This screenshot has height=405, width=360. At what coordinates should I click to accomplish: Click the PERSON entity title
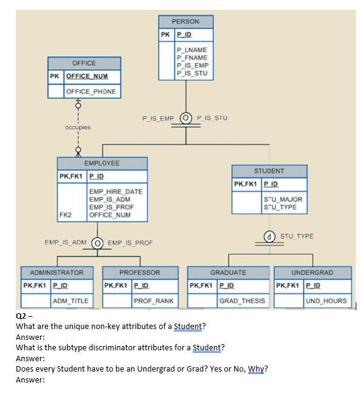click(185, 21)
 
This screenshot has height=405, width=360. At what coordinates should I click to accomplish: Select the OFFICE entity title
click(84, 63)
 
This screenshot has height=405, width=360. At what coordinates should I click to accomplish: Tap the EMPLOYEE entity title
click(102, 164)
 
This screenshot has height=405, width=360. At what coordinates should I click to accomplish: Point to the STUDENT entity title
click(269, 171)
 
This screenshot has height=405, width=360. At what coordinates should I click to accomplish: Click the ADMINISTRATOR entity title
click(53, 272)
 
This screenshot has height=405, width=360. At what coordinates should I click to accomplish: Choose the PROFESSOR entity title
click(140, 272)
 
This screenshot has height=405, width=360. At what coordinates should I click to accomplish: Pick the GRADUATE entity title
click(228, 272)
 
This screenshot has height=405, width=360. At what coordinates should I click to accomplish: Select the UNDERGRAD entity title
click(313, 272)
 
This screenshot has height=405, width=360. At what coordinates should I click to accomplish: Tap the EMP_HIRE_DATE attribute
click(116, 192)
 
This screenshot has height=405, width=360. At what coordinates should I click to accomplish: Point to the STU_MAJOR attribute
click(282, 199)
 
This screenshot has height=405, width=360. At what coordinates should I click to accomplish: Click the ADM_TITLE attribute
click(71, 300)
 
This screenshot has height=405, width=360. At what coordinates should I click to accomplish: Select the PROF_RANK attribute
click(153, 300)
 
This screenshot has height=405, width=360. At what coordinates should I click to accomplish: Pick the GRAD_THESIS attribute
click(242, 300)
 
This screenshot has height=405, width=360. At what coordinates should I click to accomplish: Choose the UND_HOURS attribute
click(327, 300)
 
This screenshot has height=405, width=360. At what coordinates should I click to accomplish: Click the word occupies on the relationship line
click(77, 128)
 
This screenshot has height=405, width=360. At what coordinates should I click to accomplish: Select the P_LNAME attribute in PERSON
click(192, 50)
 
